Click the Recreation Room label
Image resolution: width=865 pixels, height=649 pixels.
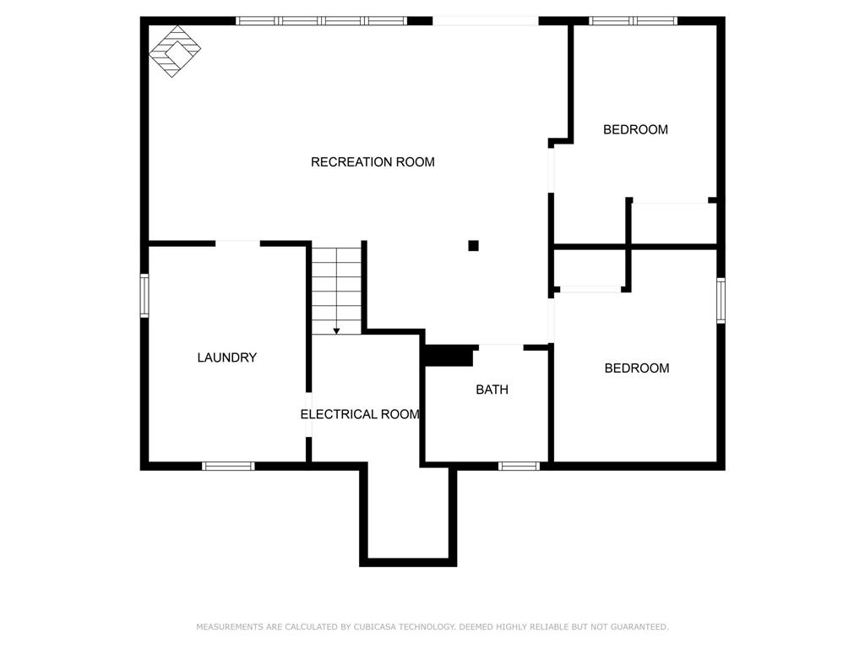pyautogui.click(x=373, y=162)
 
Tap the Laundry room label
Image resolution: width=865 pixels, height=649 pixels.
pyautogui.click(x=227, y=357)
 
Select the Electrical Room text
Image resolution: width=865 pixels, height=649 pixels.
pyautogui.click(x=360, y=414)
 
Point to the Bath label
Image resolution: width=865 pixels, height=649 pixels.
pyautogui.click(x=492, y=390)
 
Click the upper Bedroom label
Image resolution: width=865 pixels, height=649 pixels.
pyautogui.click(x=635, y=129)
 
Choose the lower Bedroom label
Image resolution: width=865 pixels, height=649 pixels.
pyautogui.click(x=637, y=368)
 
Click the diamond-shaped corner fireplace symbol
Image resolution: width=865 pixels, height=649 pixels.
pyautogui.click(x=175, y=52)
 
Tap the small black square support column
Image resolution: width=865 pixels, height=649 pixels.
pyautogui.click(x=473, y=246)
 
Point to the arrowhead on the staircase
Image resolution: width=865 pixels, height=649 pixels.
pyautogui.click(x=336, y=331)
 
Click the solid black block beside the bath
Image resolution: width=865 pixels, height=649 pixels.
pyautogui.click(x=449, y=356)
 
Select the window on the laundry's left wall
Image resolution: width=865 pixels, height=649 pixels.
pyautogui.click(x=144, y=296)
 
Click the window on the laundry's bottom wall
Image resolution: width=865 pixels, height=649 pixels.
pyautogui.click(x=228, y=466)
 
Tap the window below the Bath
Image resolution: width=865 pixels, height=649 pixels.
pyautogui.click(x=520, y=466)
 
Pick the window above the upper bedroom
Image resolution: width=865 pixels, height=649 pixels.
pyautogui.click(x=633, y=21)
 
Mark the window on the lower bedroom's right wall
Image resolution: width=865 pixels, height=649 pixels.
pyautogui.click(x=721, y=301)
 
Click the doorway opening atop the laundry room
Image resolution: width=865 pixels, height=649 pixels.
pyautogui.click(x=237, y=243)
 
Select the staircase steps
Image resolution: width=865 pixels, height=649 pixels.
pyautogui.click(x=336, y=291)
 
